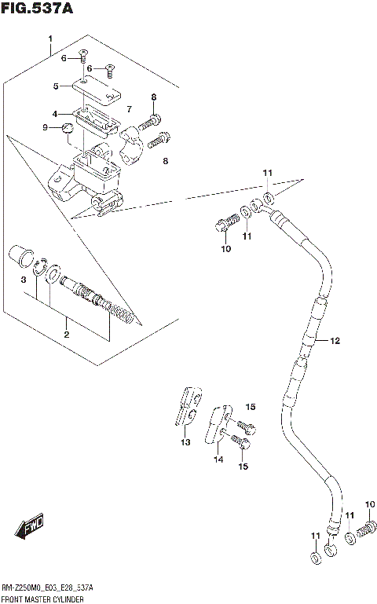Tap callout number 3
pyautogui.click(x=24, y=280)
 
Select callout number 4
pyautogui.click(x=56, y=113)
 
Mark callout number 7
pyautogui.click(x=129, y=107)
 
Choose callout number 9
pyautogui.click(x=46, y=127)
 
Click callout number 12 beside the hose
pyautogui.click(x=335, y=341)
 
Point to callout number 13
pyautogui.click(x=185, y=443)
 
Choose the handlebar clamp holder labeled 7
pyautogui.click(x=134, y=148)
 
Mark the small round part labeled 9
pyautogui.click(x=68, y=127)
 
